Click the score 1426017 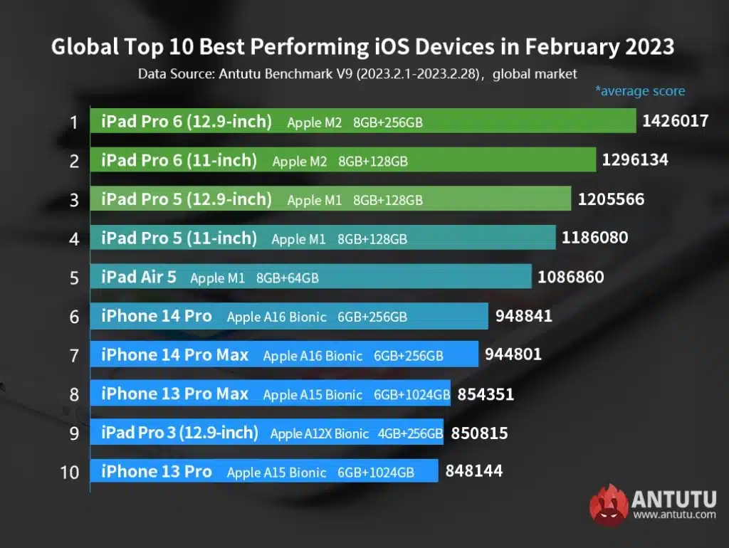pos(675,121)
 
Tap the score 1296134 pos(635,160)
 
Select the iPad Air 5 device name pos(139,277)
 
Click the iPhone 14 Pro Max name pos(174,354)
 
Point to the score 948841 pos(518,316)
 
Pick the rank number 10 pos(70,472)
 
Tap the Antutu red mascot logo pos(609,504)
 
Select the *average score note pos(640,91)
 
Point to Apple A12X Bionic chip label pos(320,433)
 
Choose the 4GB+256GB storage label pos(411,433)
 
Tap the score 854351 pos(486,394)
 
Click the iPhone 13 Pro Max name pos(174,394)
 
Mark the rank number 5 pos(73,278)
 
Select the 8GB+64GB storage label pos(288,278)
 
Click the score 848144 pos(474,471)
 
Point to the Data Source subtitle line pos(357,73)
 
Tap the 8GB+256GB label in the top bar pos(388,122)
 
